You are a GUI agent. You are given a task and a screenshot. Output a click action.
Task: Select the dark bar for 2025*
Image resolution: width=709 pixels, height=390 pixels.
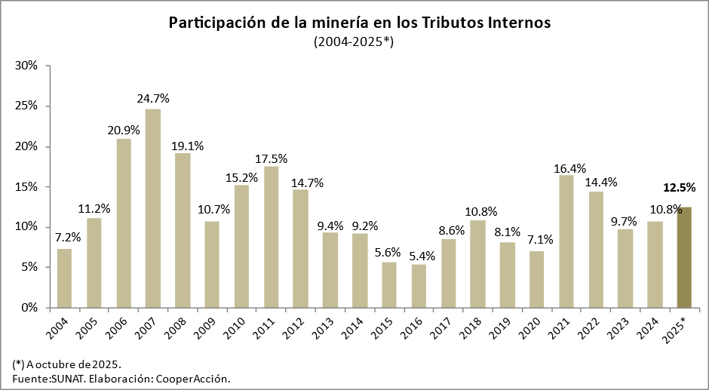pyautogui.click(x=684, y=257)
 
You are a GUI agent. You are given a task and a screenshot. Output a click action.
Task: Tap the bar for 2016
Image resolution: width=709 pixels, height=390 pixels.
pyautogui.click(x=419, y=286)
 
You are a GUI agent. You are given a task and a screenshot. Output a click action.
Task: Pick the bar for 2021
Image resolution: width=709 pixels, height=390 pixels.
pyautogui.click(x=566, y=241)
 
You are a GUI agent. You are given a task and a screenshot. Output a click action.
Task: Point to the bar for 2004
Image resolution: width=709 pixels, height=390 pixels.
pyautogui.click(x=65, y=278)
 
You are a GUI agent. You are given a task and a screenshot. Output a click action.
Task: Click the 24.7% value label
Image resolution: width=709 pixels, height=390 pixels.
pyautogui.click(x=153, y=99)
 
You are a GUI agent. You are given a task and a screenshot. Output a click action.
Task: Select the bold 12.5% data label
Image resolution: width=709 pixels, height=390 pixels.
pyautogui.click(x=679, y=187)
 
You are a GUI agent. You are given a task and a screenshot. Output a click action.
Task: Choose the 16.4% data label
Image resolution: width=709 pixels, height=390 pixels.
pyautogui.click(x=570, y=168)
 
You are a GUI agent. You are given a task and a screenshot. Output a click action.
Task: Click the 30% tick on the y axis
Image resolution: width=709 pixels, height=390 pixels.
pyautogui.click(x=26, y=66)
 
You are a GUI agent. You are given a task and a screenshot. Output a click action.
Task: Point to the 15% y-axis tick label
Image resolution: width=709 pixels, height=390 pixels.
pyautogui.click(x=26, y=186)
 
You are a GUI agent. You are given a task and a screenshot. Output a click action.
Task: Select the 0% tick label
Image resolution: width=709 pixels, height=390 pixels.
pyautogui.click(x=29, y=308)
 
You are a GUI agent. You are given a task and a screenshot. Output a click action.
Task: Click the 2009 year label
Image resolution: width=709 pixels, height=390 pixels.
pyautogui.click(x=208, y=327)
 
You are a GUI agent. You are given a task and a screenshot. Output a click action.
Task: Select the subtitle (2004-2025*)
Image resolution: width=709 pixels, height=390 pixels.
pyautogui.click(x=354, y=42)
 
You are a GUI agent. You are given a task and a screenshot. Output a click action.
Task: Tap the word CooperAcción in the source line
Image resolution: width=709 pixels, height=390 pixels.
pyautogui.click(x=192, y=378)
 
